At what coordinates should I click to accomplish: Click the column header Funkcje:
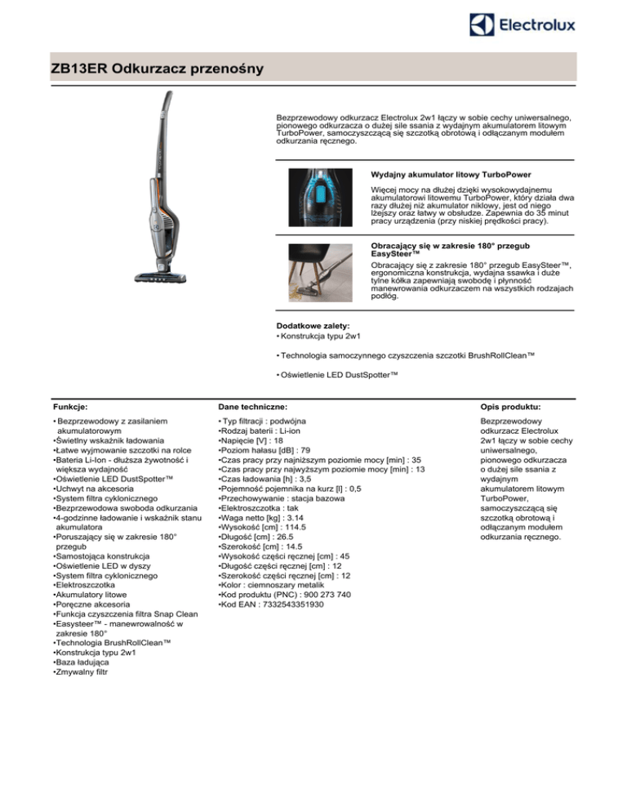69,405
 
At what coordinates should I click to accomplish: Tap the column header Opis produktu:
513,405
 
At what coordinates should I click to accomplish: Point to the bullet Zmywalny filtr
82,672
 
